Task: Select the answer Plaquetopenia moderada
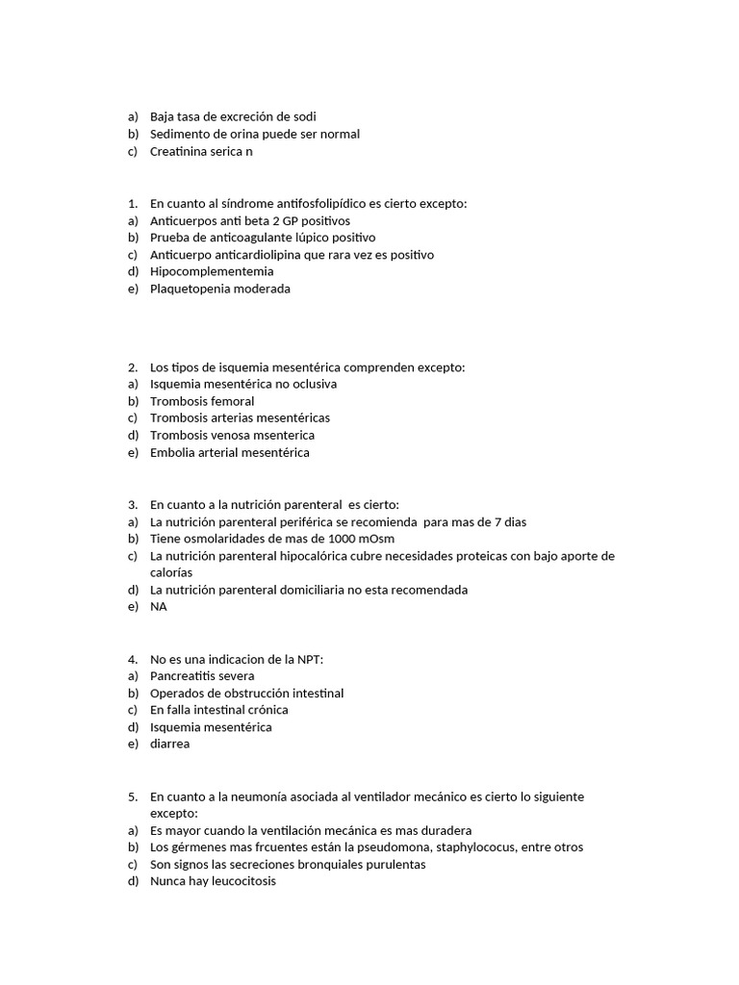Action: pos(219,289)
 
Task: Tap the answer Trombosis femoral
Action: pos(202,401)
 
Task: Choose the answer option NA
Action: pos(159,606)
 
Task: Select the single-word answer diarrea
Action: pos(170,744)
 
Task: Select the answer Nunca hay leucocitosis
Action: pos(213,881)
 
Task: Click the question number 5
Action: pos(132,796)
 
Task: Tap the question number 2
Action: pos(132,367)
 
